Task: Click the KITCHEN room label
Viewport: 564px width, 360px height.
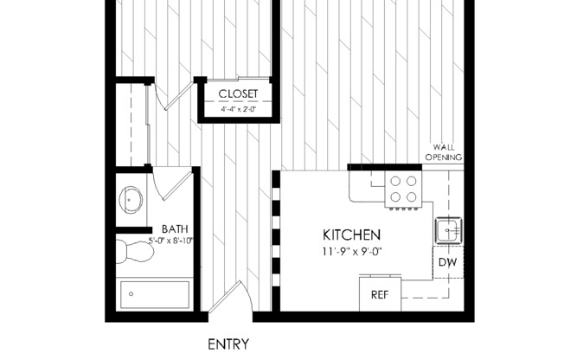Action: tap(351, 235)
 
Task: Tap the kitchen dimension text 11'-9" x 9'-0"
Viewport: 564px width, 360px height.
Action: tap(351, 252)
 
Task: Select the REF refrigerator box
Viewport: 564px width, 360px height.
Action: tap(379, 294)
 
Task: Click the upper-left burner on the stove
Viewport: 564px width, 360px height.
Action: tap(395, 182)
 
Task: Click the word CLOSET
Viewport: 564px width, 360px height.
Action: tap(238, 93)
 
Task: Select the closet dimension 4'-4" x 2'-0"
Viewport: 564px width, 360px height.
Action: tap(238, 110)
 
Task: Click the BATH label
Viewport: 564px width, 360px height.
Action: tap(174, 229)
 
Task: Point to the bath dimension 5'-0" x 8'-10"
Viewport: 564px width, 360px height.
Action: tap(170, 241)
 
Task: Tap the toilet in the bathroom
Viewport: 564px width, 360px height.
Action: tap(134, 252)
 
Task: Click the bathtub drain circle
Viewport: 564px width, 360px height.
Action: tap(131, 294)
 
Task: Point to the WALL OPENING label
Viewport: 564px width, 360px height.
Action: tap(443, 153)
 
